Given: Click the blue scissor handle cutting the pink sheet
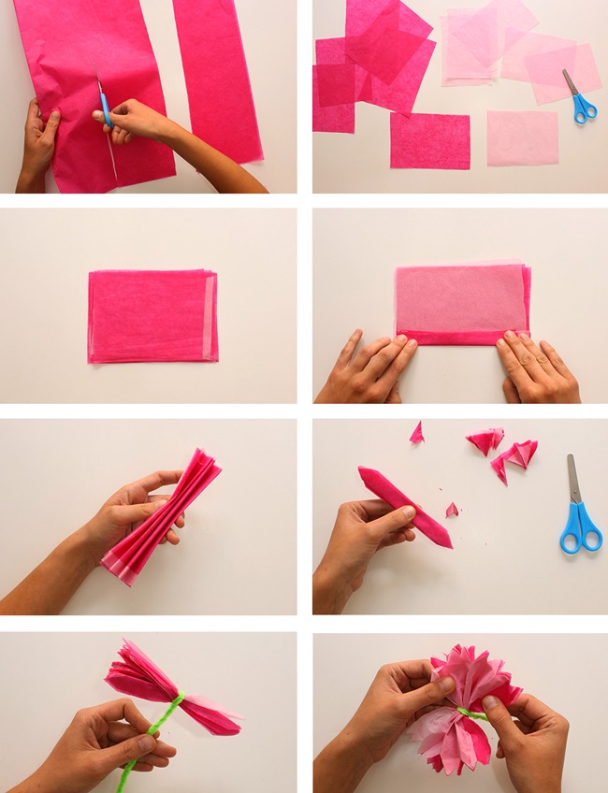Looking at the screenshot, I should click(105, 108).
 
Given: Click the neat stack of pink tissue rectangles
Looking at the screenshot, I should click(152, 316).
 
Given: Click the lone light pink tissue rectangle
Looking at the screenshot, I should click(522, 137).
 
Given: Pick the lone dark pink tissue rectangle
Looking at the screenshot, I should click(429, 140).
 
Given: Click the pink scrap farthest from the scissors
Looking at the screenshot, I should click(416, 432).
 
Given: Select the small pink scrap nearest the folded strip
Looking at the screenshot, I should click(452, 510).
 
